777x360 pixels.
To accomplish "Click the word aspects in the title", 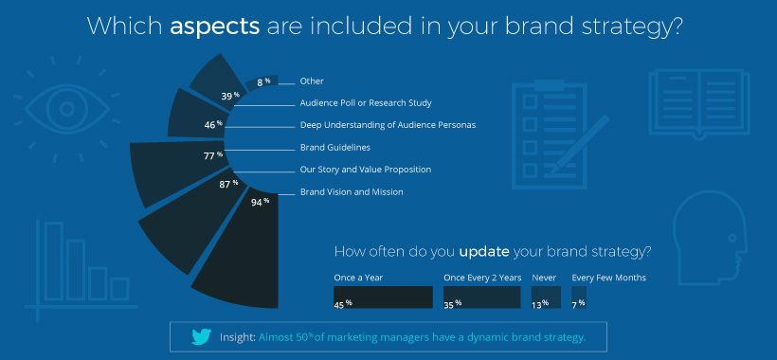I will tap(214, 26).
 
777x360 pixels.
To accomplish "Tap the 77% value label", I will tap(212, 154).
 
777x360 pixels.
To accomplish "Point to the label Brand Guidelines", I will tap(334, 148).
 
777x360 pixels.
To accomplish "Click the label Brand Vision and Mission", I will tap(352, 191).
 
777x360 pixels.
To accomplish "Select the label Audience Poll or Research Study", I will tap(366, 103).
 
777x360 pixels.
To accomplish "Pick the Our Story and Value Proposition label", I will tap(365, 170).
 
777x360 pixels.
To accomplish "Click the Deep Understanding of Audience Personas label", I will tap(388, 125).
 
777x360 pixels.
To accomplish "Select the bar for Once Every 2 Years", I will tap(481, 297).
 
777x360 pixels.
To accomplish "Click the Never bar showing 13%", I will tap(546, 297).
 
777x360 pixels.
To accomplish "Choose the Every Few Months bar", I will tap(579, 297).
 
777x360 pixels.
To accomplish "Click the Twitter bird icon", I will tap(201, 336).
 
